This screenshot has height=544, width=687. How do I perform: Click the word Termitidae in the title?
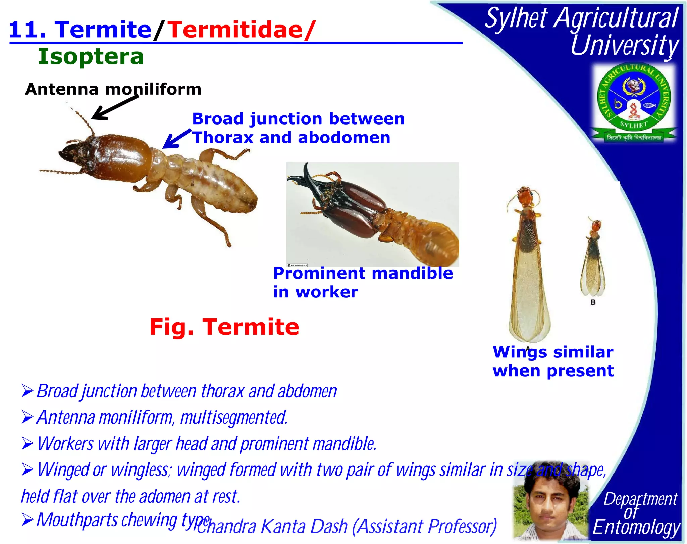point(235,30)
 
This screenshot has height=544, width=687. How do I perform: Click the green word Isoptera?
point(91,56)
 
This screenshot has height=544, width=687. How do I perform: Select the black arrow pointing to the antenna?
point(114,107)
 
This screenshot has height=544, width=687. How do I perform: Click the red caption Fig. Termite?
point(224,327)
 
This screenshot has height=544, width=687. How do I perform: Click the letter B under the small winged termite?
point(593,302)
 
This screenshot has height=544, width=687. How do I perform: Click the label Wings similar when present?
point(553,361)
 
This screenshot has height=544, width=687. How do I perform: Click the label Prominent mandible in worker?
point(362,282)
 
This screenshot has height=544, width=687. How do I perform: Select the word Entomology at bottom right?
point(636,528)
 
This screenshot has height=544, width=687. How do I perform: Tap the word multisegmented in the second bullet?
point(234,417)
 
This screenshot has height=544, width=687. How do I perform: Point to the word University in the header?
point(625,45)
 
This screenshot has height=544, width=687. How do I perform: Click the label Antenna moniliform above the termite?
point(113,89)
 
